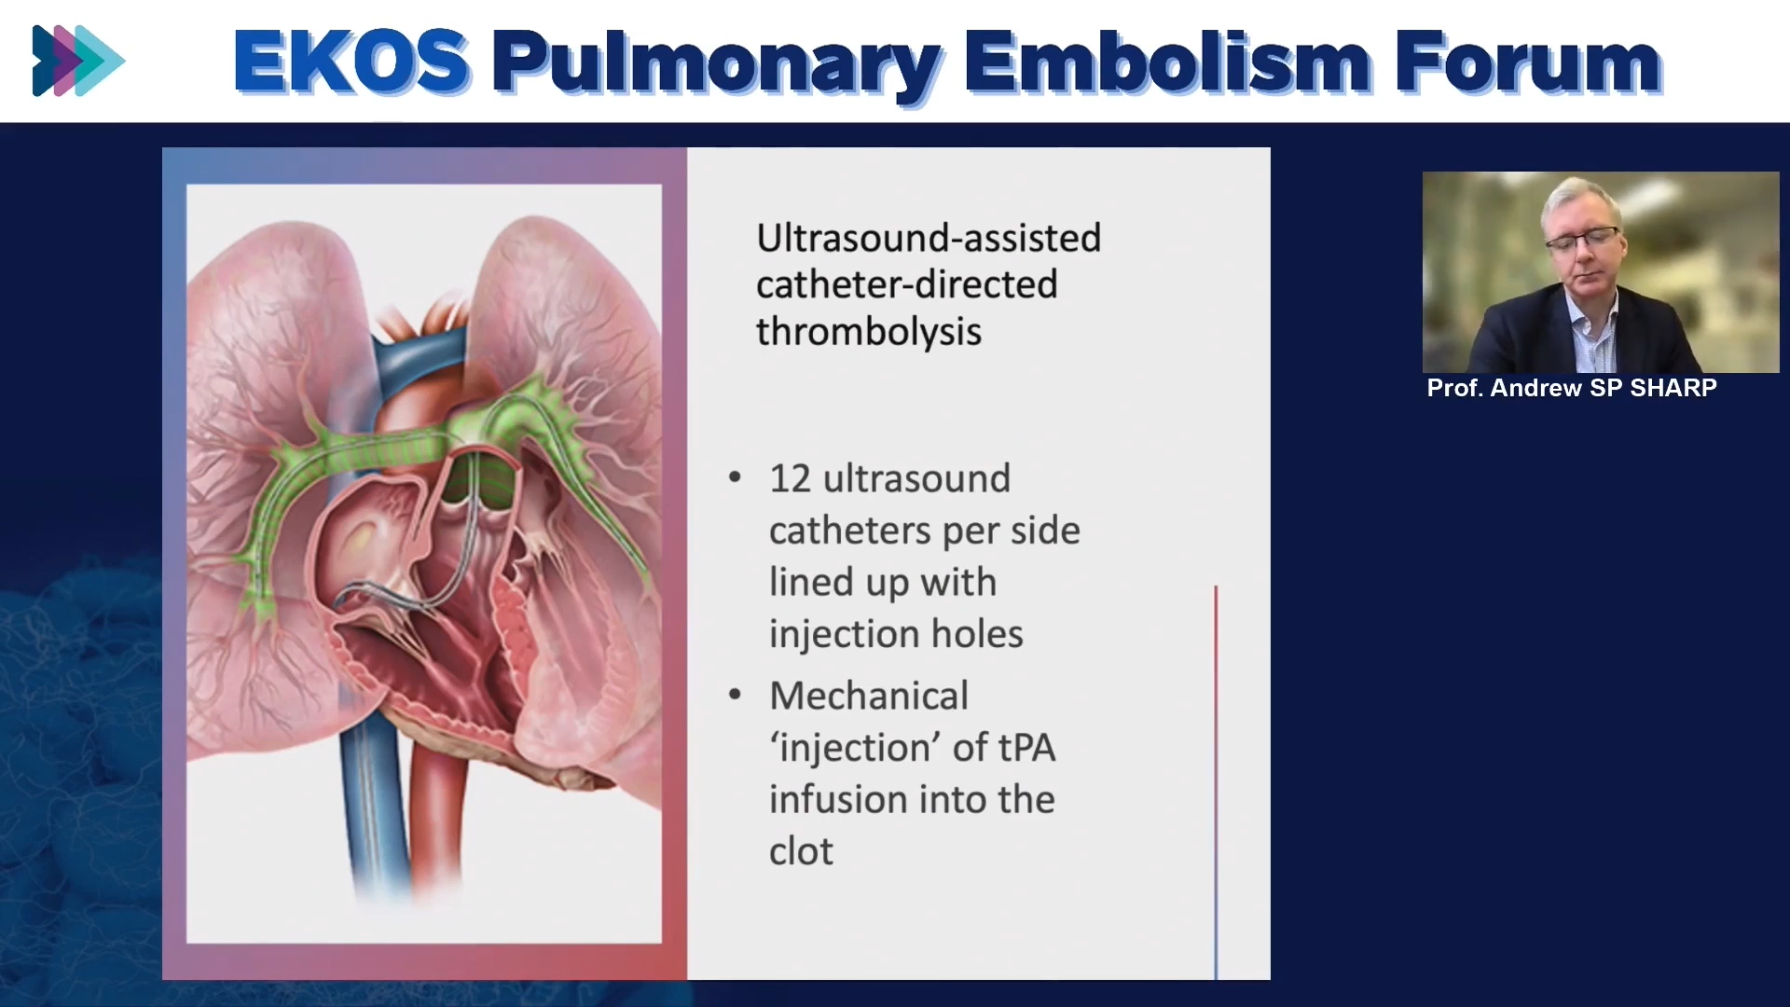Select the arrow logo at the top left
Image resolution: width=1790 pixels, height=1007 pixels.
coord(78,61)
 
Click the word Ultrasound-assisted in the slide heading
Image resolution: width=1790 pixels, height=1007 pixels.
coord(929,238)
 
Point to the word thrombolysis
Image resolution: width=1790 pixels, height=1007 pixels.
coord(869,332)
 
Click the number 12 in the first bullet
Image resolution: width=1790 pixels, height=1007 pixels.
coord(790,478)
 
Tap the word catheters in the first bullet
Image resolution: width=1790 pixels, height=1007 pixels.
coord(850,531)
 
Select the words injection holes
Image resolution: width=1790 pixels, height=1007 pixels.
coord(896,634)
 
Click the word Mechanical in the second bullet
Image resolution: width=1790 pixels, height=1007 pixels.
coord(869,696)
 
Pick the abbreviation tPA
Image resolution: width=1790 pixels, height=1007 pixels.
coord(1026,748)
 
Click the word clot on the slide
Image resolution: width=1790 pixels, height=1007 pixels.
coord(801,851)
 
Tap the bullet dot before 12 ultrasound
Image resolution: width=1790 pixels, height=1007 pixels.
coord(735,478)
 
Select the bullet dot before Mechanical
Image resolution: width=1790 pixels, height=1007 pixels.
coord(735,695)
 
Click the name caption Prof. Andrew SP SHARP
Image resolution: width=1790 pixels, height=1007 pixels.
coord(1572,388)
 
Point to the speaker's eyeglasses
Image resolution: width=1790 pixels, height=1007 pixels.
coord(1582,240)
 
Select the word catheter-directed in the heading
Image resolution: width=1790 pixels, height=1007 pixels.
coord(907,284)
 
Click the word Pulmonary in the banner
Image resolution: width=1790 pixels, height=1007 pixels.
coord(716,65)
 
